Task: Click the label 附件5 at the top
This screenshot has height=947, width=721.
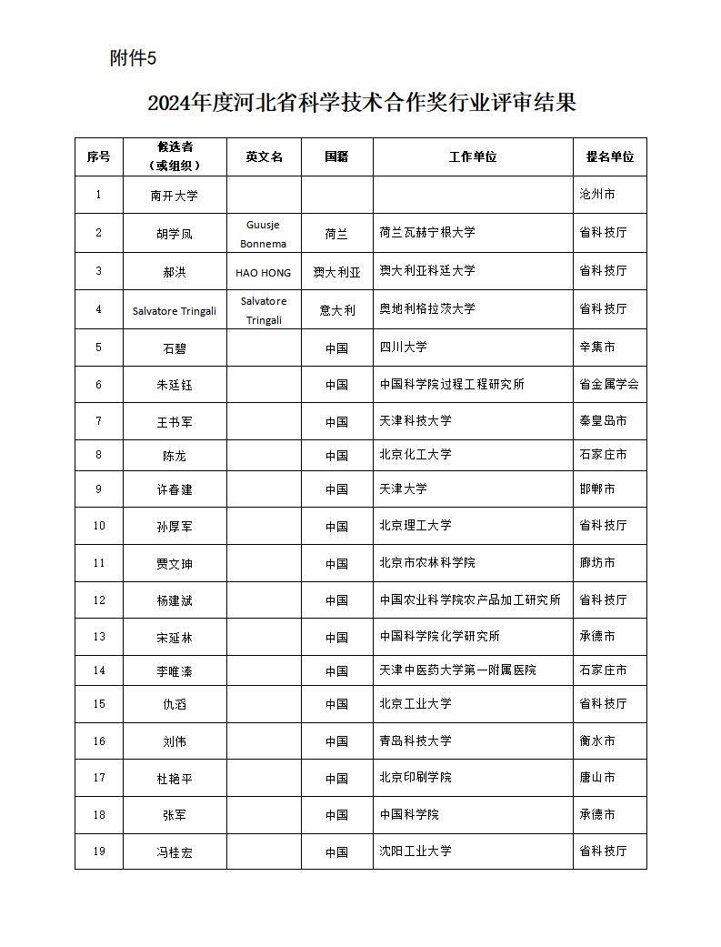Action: pos(133,58)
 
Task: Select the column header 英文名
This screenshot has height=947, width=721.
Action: pos(264,156)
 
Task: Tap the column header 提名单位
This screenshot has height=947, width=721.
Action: pos(609,156)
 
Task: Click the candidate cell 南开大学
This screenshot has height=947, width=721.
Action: pos(174,196)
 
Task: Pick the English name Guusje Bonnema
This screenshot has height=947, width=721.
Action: pos(264,234)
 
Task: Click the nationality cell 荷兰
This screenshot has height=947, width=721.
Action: pos(336,234)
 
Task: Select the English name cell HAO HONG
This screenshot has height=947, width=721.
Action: pos(264,272)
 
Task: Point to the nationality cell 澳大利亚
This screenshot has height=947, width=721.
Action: pos(336,272)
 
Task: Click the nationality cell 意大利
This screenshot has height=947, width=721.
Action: pos(336,309)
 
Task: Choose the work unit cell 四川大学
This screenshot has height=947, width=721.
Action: pos(403,347)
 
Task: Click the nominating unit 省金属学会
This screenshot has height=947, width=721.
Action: pos(608,384)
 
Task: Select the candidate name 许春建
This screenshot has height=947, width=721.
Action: pos(174,489)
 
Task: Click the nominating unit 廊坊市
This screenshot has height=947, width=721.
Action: pos(596,563)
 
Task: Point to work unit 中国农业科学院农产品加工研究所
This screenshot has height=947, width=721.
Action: pos(469,600)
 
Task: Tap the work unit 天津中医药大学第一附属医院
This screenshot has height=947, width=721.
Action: pos(457,670)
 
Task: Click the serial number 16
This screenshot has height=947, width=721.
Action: pos(99,741)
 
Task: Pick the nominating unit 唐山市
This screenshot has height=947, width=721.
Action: pos(596,778)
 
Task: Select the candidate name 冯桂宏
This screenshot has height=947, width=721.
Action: pos(174,852)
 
